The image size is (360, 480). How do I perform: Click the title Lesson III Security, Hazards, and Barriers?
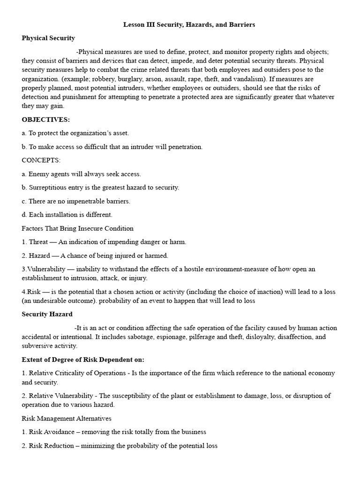[x=189, y=25]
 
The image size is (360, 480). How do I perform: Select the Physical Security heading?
[x=48, y=38]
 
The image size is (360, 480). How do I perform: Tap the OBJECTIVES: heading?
[x=45, y=120]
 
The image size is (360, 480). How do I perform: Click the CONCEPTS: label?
[x=41, y=160]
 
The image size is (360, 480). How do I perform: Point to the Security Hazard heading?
[x=47, y=314]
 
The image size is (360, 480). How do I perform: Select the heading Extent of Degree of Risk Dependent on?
[x=83, y=360]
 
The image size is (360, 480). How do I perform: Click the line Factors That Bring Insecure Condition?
[x=77, y=228]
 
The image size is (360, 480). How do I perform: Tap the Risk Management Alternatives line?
[x=67, y=418]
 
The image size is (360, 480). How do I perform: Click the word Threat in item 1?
[x=39, y=242]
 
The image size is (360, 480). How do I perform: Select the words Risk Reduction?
[x=51, y=445]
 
